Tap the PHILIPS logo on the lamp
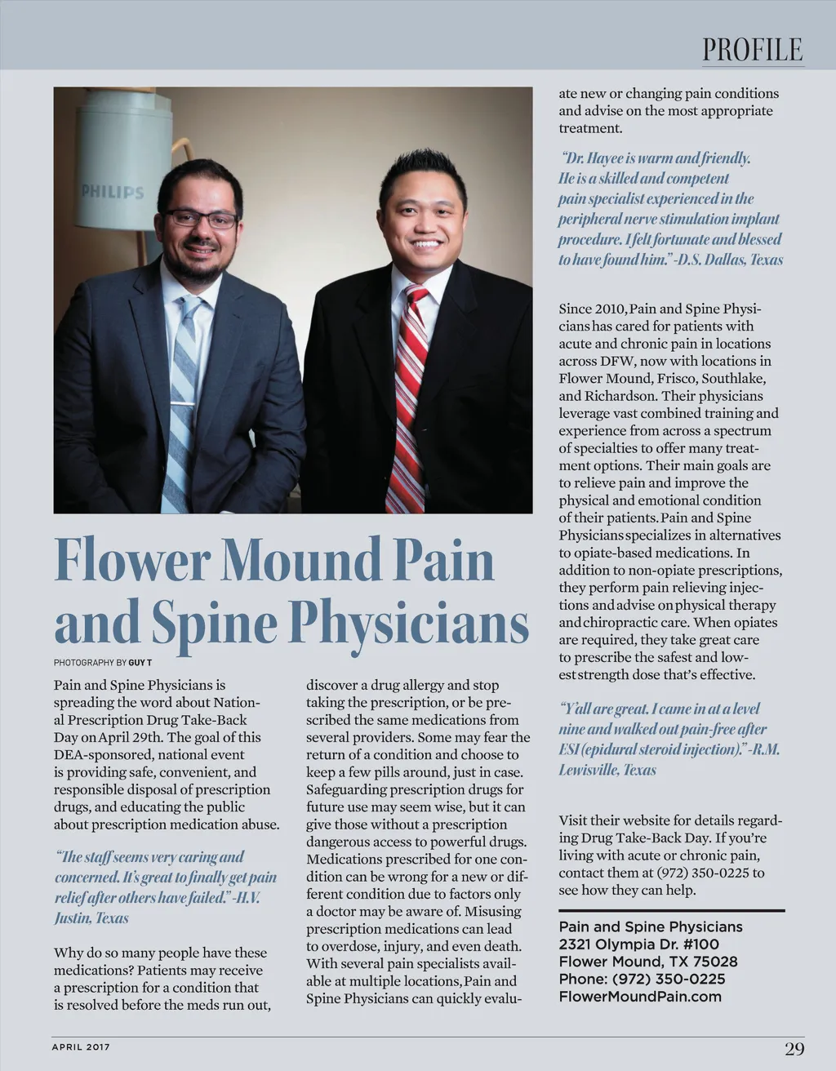[112, 193]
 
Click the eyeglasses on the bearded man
[200, 219]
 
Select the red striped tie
[408, 392]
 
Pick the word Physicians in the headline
[409, 624]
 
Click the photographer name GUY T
[140, 663]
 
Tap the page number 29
[794, 1049]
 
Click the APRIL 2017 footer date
[81, 1047]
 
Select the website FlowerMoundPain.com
[640, 997]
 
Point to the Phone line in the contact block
[642, 979]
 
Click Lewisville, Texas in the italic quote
[607, 770]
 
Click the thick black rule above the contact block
[671, 910]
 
